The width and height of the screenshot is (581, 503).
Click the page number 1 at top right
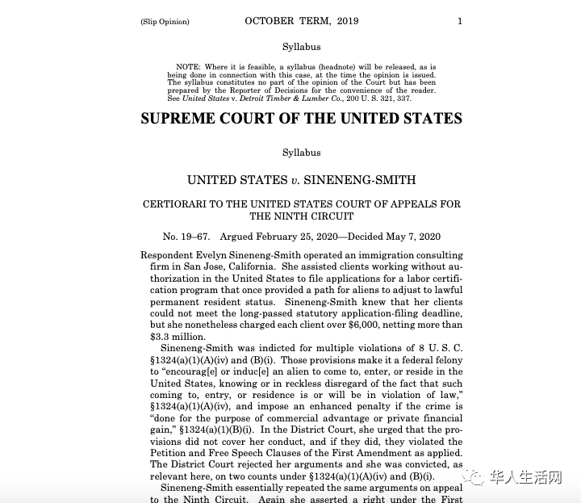pyautogui.click(x=460, y=21)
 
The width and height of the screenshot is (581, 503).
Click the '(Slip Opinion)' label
pyautogui.click(x=165, y=22)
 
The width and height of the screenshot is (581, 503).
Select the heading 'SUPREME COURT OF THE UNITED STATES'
pyautogui.click(x=301, y=119)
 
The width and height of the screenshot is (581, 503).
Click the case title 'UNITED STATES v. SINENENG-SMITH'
pyautogui.click(x=301, y=180)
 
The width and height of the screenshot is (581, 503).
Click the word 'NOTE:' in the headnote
pyautogui.click(x=188, y=66)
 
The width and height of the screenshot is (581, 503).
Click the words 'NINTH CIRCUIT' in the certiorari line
pyautogui.click(x=301, y=216)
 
